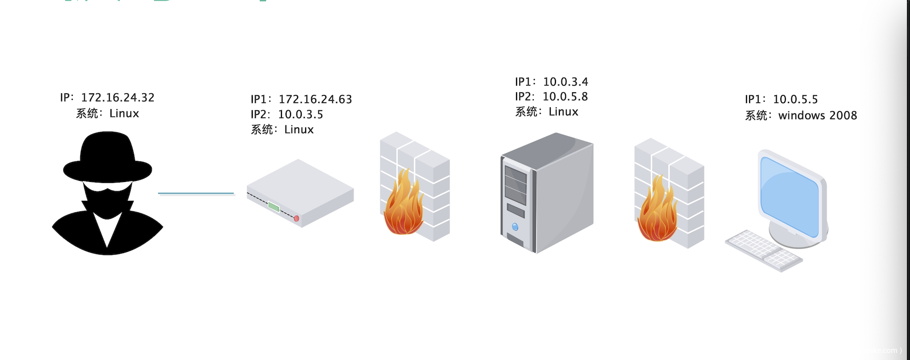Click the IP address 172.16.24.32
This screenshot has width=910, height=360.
118,97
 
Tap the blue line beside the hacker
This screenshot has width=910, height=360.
196,193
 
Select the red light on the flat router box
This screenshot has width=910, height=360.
297,218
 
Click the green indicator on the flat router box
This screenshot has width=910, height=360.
273,206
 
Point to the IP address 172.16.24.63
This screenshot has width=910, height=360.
315,99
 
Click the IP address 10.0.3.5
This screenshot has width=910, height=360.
301,114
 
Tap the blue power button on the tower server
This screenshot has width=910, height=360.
515,227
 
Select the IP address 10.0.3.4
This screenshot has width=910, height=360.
565,82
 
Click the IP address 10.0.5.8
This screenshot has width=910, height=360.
565,96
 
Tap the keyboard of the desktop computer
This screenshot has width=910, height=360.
763,251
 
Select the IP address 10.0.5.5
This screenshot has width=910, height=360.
795,99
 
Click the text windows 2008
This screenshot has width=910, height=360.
817,115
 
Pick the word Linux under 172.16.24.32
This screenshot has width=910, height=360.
124,113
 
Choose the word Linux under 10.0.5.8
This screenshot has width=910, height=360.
563,111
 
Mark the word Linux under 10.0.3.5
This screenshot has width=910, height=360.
299,130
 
